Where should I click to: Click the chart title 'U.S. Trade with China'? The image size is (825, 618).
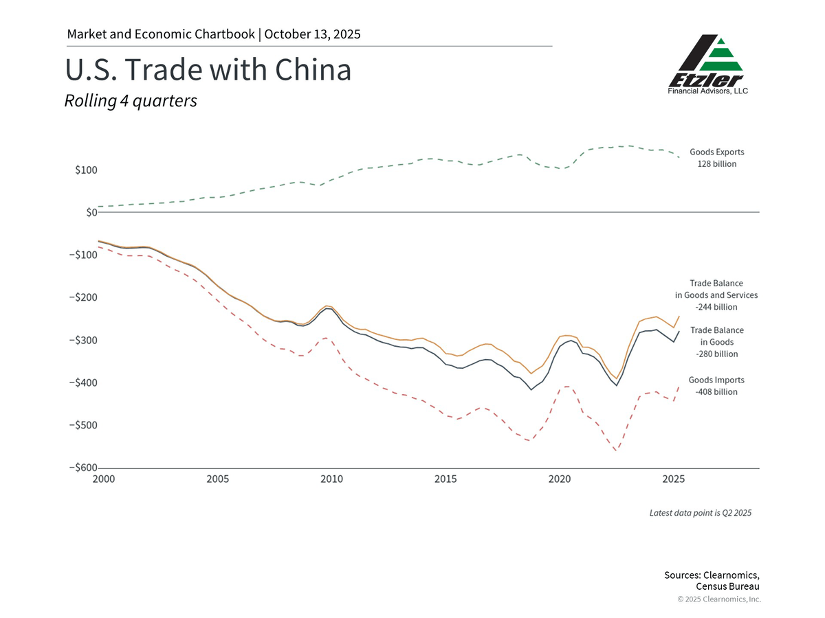pos(208,71)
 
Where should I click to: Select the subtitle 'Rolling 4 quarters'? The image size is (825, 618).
pos(131,101)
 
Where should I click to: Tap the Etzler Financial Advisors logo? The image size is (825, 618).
pos(707,65)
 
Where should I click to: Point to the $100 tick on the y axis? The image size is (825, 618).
pos(86,170)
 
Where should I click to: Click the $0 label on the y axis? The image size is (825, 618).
pos(90,213)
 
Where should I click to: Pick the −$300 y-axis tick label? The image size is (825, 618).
pos(83,341)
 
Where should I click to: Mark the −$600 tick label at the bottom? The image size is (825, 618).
pos(83,468)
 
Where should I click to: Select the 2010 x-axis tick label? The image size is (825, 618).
pos(331,479)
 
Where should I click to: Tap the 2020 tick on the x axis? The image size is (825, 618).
pos(559,479)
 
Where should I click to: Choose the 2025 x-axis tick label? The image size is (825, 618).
pos(673,479)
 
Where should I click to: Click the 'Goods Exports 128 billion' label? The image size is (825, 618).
pos(716,158)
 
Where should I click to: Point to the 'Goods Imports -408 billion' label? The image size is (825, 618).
pos(716,385)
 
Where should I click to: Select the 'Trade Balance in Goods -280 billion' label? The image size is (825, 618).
pos(716,342)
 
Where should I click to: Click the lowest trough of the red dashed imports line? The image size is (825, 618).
pos(615,450)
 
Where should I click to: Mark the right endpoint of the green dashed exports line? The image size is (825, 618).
pos(679,158)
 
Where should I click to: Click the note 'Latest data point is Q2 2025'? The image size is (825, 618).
pos(701,513)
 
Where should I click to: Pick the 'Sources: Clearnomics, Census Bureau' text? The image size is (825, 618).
pos(712,580)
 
